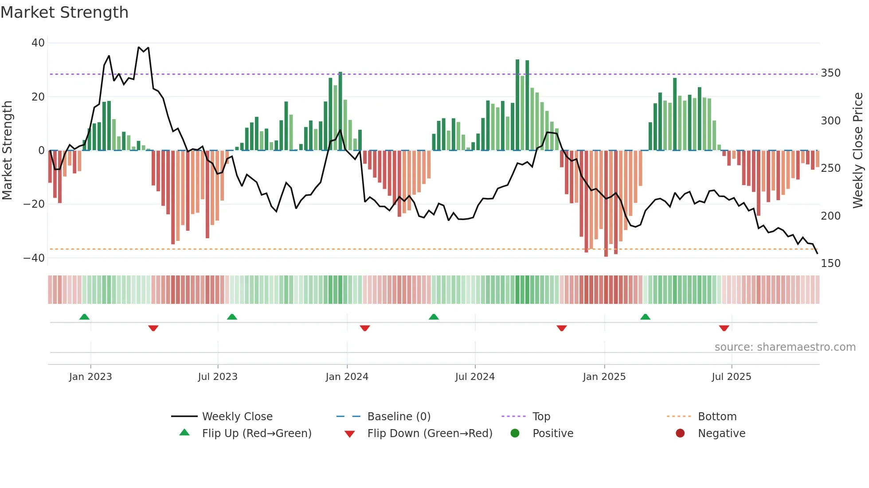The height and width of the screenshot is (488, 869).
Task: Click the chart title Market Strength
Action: coord(64,12)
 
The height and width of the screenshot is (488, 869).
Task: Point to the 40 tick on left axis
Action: coord(38,43)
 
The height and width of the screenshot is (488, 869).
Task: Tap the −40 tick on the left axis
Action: coord(34,258)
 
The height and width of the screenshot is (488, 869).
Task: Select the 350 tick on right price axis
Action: coord(830,73)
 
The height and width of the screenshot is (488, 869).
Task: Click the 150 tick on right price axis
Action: coord(830,263)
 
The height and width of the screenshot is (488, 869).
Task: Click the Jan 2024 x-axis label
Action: coord(347,377)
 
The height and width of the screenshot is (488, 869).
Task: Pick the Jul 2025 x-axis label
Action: coord(731,377)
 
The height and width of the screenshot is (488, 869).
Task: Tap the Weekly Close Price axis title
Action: coord(858,151)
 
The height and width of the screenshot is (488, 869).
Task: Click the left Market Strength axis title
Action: coord(8,151)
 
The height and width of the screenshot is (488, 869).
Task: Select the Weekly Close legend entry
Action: coord(237,417)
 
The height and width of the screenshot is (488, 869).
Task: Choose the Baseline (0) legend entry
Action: coord(399,417)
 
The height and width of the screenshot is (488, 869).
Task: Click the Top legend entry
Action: coord(541,417)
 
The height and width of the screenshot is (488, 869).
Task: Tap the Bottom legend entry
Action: coord(717,417)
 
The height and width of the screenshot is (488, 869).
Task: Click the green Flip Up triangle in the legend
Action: coord(184,433)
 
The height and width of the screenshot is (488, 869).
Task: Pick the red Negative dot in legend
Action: coord(680,433)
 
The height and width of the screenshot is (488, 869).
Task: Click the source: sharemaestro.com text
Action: coord(785,347)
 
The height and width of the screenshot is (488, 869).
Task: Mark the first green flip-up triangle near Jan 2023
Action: coord(84,317)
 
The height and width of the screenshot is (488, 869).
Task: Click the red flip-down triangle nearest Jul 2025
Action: coord(724,328)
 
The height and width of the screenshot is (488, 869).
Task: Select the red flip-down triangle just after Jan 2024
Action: coord(365,328)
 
